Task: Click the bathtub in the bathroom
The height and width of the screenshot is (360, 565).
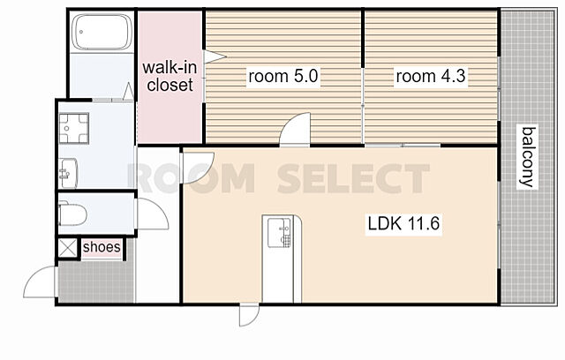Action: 102,32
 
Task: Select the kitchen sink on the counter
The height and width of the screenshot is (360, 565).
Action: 279,232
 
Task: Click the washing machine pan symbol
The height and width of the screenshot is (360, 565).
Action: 73,128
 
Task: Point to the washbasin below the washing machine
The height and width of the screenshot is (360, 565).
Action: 68,173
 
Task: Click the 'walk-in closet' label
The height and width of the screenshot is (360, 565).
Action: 169,76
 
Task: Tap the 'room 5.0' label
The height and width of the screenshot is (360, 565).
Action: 283,76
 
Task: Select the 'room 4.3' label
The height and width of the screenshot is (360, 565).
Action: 431,76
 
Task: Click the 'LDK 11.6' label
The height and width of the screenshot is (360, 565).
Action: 403,223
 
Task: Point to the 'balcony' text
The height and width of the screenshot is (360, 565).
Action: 528,156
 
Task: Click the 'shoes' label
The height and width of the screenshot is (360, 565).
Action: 102,247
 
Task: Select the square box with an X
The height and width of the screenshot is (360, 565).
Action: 68,248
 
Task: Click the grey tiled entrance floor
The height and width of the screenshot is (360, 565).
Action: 95,281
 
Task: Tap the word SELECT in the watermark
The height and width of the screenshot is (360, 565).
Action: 353,178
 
